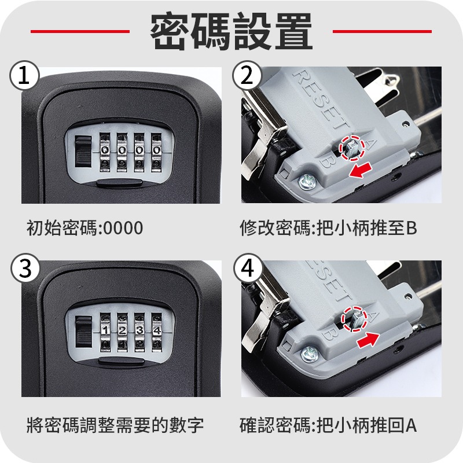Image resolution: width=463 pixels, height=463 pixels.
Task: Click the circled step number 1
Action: pos(24,76)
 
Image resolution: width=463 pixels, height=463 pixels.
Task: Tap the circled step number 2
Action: pos(247,76)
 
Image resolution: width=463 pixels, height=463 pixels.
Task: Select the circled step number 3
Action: pos(25,268)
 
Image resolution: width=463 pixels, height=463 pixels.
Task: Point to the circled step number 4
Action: pos(248,268)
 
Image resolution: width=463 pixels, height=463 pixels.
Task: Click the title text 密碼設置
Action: pos(231,31)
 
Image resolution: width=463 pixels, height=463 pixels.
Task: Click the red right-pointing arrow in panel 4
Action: pos(368,339)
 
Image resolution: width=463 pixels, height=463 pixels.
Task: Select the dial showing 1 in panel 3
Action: pos(105,332)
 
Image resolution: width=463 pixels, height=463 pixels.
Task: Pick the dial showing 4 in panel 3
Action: pos(157,332)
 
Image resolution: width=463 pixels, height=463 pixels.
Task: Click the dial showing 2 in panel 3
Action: pos(122,332)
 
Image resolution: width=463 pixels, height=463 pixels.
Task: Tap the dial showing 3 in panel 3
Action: pos(139,332)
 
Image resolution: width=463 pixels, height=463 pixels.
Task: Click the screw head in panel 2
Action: pos(307,182)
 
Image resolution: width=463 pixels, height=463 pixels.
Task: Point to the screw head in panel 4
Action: pos(310,354)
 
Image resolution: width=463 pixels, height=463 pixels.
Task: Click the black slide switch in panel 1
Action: pos(83,151)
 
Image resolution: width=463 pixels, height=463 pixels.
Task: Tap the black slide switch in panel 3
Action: pos(83,331)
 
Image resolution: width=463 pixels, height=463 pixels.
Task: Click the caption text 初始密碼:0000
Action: pos(84,227)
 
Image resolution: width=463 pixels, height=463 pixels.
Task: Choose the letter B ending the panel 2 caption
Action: pos(411,228)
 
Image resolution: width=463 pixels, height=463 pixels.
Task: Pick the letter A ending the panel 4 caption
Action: pos(411,425)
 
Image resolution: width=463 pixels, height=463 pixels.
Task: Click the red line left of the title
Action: pos(80,31)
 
